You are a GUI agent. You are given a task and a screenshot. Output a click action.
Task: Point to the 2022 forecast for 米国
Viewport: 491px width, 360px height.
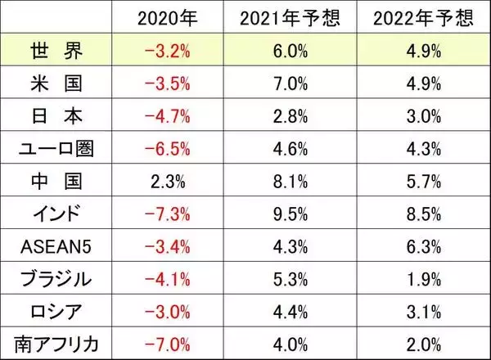(x=423, y=83)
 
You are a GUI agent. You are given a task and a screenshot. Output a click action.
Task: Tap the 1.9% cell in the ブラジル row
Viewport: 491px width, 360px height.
(x=423, y=277)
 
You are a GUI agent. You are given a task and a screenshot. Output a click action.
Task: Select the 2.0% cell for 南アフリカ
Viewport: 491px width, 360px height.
(x=423, y=341)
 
